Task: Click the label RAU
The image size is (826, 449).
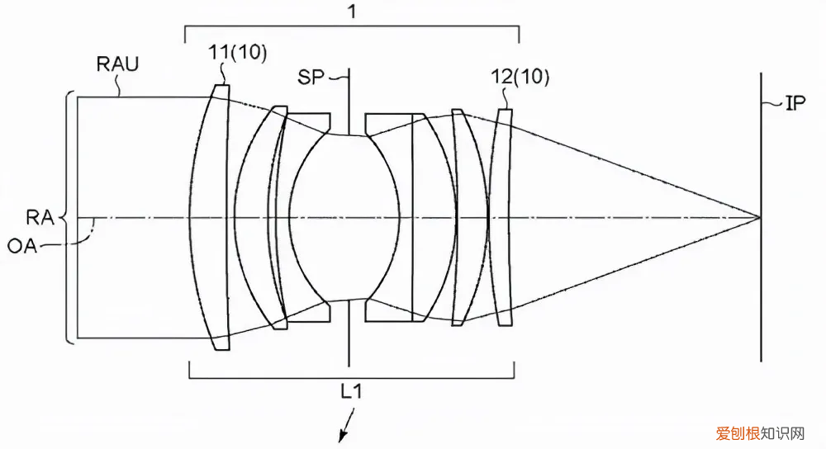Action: click(117, 64)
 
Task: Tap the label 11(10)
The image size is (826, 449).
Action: click(238, 52)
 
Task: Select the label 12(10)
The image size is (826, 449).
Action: click(520, 77)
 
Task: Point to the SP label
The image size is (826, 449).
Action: click(311, 78)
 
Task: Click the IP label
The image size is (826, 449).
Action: click(795, 103)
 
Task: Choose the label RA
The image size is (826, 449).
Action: click(40, 217)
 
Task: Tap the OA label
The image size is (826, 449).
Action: click(22, 245)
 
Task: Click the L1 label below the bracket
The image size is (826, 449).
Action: click(351, 391)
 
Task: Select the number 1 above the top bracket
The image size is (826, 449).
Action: click(353, 12)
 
